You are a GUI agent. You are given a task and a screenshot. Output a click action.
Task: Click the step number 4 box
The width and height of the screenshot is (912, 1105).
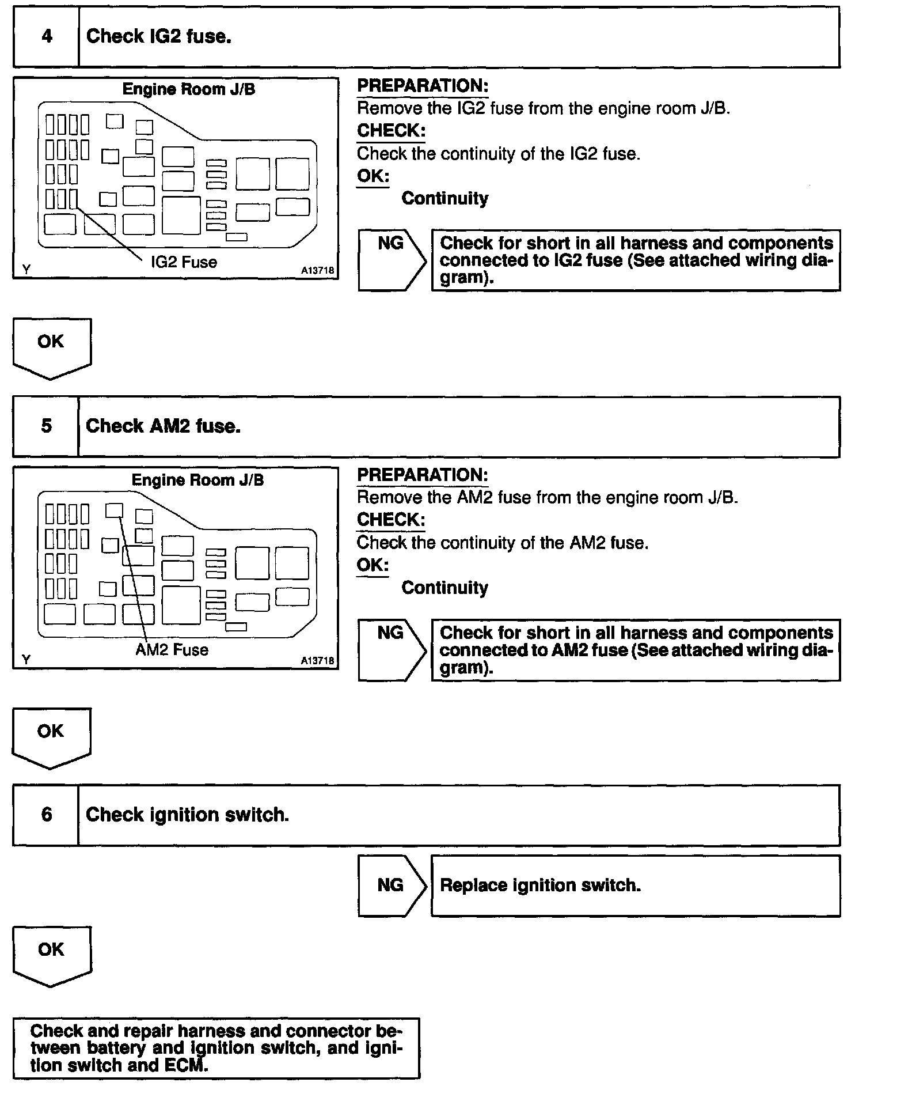(x=46, y=37)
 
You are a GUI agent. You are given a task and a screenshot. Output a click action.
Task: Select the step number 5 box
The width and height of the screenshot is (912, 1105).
(x=46, y=426)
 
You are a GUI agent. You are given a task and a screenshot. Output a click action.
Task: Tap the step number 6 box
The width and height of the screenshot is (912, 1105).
(x=46, y=815)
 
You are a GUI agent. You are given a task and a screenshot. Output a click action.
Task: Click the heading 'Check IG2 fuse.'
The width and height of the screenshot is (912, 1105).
(x=159, y=37)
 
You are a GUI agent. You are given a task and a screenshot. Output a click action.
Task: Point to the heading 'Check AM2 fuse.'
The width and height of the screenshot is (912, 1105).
(x=163, y=426)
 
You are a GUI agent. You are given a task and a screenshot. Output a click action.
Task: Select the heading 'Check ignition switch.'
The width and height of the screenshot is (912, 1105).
(x=187, y=815)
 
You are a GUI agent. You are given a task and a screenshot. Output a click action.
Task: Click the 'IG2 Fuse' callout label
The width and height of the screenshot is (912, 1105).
(x=184, y=262)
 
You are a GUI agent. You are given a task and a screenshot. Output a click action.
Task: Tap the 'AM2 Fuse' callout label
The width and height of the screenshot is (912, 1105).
(x=172, y=650)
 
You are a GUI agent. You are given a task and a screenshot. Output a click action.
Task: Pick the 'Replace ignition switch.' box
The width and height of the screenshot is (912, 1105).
(x=635, y=885)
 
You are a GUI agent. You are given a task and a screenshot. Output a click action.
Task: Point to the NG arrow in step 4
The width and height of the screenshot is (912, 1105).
(x=391, y=260)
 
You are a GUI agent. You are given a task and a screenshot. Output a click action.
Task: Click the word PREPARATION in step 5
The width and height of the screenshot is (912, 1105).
(x=423, y=475)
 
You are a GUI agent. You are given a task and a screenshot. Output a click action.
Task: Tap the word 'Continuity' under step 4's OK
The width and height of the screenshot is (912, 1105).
(x=444, y=199)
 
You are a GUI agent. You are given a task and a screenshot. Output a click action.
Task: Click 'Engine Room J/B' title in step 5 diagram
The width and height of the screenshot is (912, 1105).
(x=197, y=480)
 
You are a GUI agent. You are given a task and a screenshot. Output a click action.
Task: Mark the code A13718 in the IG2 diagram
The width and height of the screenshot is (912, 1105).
(x=317, y=271)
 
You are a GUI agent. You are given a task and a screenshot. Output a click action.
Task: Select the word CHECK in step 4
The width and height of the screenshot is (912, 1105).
(x=391, y=131)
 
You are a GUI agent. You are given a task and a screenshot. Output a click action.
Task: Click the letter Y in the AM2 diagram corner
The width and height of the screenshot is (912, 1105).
(x=26, y=659)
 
